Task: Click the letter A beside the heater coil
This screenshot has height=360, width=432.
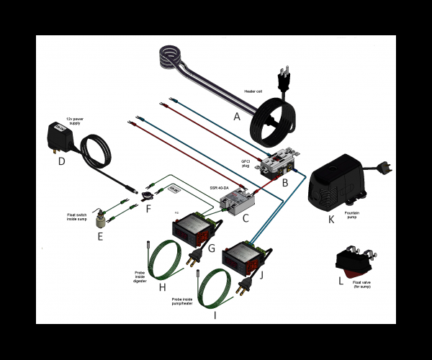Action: click(236, 115)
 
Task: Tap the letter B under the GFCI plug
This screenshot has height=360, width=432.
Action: click(285, 182)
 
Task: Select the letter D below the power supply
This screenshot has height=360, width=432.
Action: click(62, 161)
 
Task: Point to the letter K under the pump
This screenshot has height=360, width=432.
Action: click(331, 219)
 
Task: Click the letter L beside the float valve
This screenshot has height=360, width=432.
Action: click(341, 280)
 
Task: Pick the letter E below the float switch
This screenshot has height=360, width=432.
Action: click(100, 235)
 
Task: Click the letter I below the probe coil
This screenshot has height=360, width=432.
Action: click(215, 315)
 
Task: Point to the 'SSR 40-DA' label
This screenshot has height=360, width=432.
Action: click(220, 187)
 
